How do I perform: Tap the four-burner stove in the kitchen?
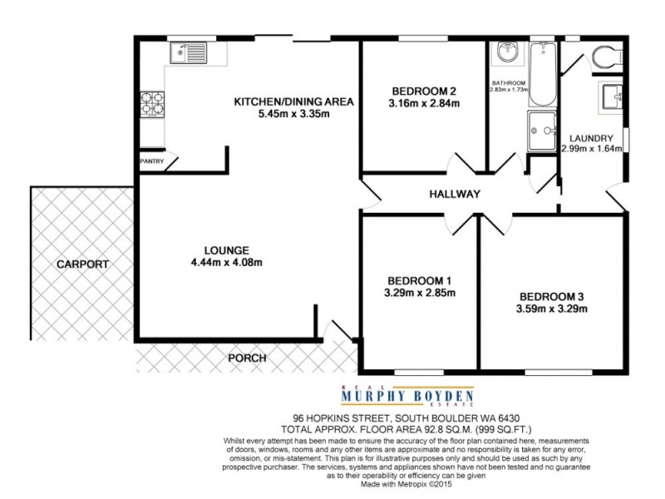(153, 102)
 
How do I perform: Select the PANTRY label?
(152, 161)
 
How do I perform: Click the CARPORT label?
(82, 264)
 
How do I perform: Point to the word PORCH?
(248, 358)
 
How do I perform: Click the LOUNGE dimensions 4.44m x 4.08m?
(227, 264)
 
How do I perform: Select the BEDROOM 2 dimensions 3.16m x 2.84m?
(424, 104)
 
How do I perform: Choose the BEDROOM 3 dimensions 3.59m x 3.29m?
(553, 309)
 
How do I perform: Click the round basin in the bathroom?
(505, 53)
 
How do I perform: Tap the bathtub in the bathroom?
(542, 75)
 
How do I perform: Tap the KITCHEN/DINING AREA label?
(293, 101)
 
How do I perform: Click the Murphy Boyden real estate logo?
(406, 396)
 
